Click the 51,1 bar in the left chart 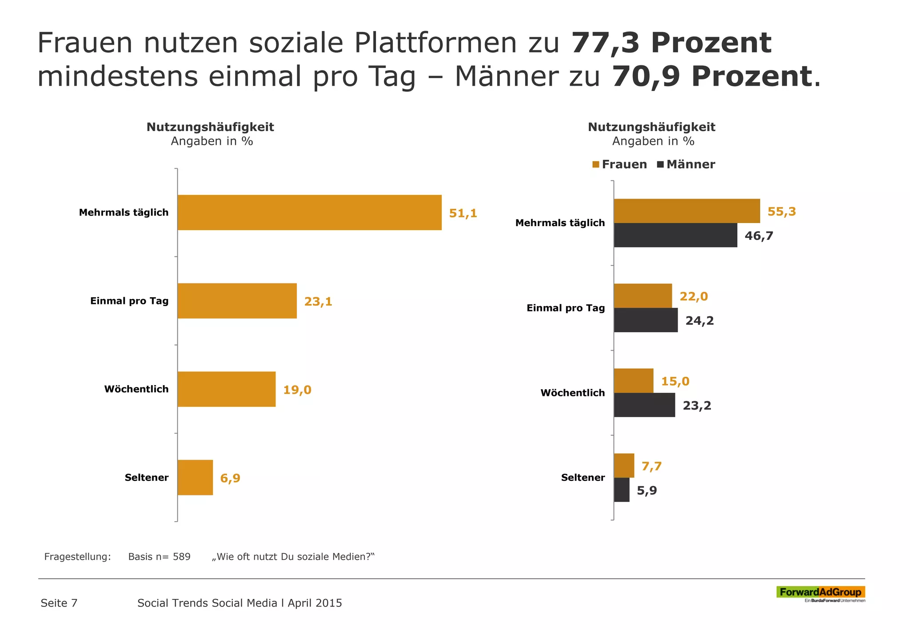pos(309,212)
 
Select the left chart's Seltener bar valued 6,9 pos(195,478)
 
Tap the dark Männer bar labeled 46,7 pos(675,235)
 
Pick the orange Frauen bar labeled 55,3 pos(686,211)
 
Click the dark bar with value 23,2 pos(644,405)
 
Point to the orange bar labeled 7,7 pos(624,466)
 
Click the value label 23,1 pos(318,302)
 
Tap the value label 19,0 pos(297,390)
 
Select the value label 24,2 pos(699,321)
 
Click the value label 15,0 pos(675,381)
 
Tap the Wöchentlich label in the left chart pos(136,389)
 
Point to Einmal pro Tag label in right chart pos(566,308)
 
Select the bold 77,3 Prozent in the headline pos(671,43)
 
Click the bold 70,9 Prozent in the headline pos(712,76)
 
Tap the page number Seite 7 pos(59,603)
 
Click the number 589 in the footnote pos(182,557)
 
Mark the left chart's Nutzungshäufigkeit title pos(210,127)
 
